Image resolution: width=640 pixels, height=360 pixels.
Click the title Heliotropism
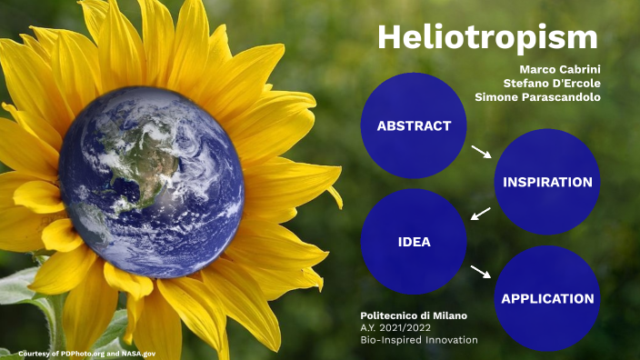click(487, 38)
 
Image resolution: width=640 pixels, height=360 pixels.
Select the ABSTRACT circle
click(414, 125)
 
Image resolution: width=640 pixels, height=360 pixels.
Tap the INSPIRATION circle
click(547, 182)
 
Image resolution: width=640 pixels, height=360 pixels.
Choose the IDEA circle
click(414, 242)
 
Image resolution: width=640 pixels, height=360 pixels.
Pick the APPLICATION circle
click(547, 298)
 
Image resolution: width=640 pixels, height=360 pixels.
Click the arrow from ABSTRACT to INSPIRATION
click(482, 151)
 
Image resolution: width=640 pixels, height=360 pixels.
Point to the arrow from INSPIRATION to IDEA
click(481, 214)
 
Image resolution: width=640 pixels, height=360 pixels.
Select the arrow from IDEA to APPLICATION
click(482, 271)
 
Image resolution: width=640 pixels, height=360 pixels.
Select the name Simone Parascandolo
click(537, 97)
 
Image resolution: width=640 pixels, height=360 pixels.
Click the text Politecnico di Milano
click(414, 315)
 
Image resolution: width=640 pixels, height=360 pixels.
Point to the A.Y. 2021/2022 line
click(396, 327)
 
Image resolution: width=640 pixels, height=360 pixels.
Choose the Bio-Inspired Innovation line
click(419, 340)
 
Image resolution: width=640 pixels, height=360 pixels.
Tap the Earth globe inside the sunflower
click(151, 182)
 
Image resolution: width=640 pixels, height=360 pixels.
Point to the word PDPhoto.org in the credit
click(77, 352)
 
